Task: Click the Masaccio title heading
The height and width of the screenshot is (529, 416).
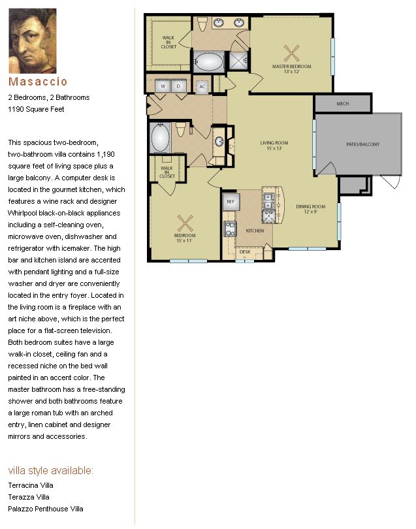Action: tap(38, 82)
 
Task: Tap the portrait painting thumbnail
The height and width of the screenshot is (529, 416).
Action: tap(33, 41)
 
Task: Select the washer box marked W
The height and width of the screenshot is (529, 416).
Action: tap(163, 86)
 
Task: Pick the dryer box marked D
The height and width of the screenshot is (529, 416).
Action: tap(178, 86)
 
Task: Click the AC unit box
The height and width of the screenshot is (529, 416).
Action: tap(202, 87)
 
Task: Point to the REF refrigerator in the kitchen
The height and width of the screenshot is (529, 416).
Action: tap(231, 202)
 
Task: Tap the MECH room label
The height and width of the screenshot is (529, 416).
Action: tap(342, 104)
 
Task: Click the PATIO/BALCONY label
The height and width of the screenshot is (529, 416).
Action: tap(362, 144)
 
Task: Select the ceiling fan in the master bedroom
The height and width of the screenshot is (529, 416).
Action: tap(291, 54)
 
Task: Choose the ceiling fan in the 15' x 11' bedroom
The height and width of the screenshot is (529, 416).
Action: tap(185, 223)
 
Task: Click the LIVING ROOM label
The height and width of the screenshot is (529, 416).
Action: tap(274, 143)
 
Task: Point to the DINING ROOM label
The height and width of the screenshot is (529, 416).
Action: tap(310, 206)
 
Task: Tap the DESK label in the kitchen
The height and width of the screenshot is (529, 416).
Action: tap(245, 251)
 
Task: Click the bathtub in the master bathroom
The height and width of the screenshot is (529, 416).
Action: tap(208, 62)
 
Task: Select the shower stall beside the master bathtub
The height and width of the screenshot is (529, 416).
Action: tap(238, 60)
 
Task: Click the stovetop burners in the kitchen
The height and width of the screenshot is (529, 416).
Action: tap(230, 229)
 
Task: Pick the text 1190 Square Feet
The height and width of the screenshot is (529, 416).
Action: tap(36, 109)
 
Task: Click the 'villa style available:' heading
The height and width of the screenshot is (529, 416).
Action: tap(50, 470)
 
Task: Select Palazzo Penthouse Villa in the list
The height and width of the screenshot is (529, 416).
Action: tap(46, 509)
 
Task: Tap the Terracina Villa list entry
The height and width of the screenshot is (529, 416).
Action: tap(31, 485)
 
